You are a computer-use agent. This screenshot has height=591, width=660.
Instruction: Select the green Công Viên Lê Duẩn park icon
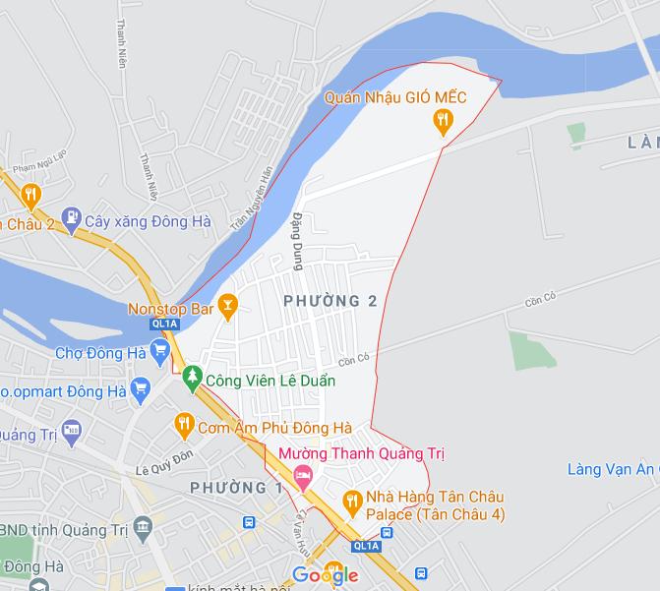pos(193,377)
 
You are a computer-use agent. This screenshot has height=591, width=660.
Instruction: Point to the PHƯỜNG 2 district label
pos(330,301)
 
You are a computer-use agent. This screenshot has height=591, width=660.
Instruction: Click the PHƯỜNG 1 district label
pos(236,488)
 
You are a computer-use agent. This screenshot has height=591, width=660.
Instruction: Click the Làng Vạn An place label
pos(611,469)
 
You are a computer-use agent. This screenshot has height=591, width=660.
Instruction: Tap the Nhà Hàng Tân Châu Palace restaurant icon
pos(351,502)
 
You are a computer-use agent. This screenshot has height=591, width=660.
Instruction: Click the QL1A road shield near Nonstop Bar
pos(163,323)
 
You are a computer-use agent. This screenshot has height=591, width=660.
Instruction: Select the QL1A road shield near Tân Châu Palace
pos(366,546)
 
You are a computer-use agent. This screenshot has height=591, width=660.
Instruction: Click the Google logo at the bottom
pos(325,575)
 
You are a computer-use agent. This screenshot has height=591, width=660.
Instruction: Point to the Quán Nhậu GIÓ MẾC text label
pos(395,98)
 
